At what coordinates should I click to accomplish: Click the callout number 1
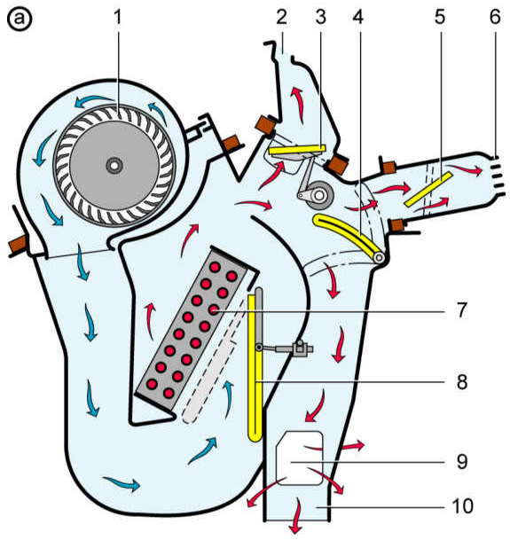(x=118, y=17)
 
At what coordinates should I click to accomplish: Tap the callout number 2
(x=281, y=17)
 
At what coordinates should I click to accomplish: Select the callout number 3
(x=320, y=17)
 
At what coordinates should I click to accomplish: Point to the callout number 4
(x=358, y=17)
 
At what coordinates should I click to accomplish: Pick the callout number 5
(x=440, y=17)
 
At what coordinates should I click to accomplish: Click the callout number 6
(x=495, y=17)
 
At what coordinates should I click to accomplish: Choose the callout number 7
(x=462, y=310)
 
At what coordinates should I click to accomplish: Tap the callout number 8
(x=462, y=381)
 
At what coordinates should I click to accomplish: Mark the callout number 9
(x=462, y=461)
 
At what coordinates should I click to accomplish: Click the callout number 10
(x=462, y=506)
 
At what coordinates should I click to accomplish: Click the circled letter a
(x=20, y=19)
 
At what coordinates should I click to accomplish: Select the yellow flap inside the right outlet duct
(x=428, y=189)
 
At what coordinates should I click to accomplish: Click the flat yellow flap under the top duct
(x=297, y=150)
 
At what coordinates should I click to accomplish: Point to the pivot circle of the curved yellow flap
(x=380, y=257)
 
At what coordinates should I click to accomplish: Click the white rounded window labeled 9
(x=300, y=458)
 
